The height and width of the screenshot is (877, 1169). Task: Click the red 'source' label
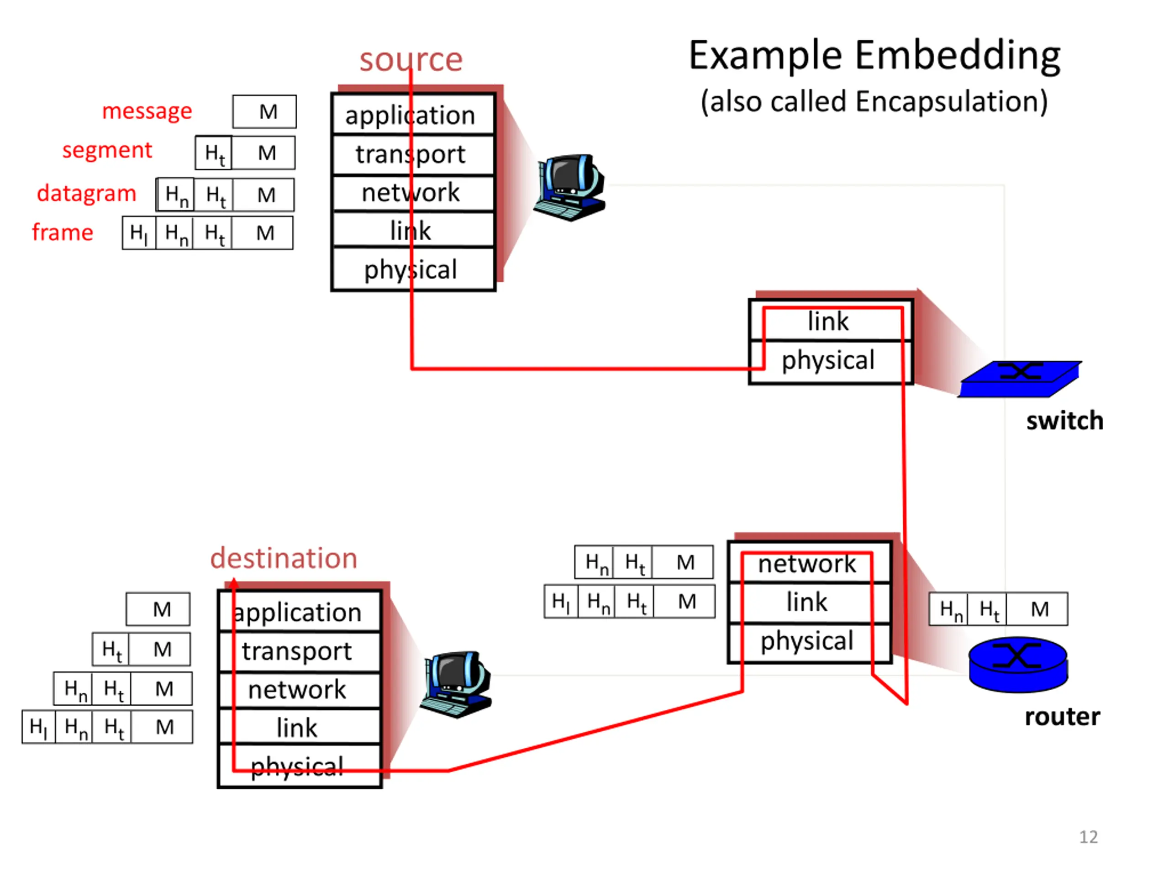point(411,59)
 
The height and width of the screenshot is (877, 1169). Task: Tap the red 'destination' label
point(284,558)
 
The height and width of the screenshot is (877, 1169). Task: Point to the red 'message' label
point(147,111)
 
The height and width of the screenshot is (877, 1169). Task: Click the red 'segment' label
point(107,151)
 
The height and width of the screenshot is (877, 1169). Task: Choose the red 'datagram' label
point(87,194)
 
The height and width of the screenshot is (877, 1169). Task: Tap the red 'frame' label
point(63,232)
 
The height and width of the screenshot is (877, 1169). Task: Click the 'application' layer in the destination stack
point(299,612)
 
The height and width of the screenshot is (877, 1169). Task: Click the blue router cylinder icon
point(1018,665)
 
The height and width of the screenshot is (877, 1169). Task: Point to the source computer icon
point(570,188)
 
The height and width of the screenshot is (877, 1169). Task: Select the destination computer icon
point(456,685)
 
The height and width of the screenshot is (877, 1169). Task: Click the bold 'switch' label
point(1065,421)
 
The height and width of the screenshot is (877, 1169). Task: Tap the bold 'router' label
point(1062,717)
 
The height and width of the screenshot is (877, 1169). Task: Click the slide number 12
point(1088,837)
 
